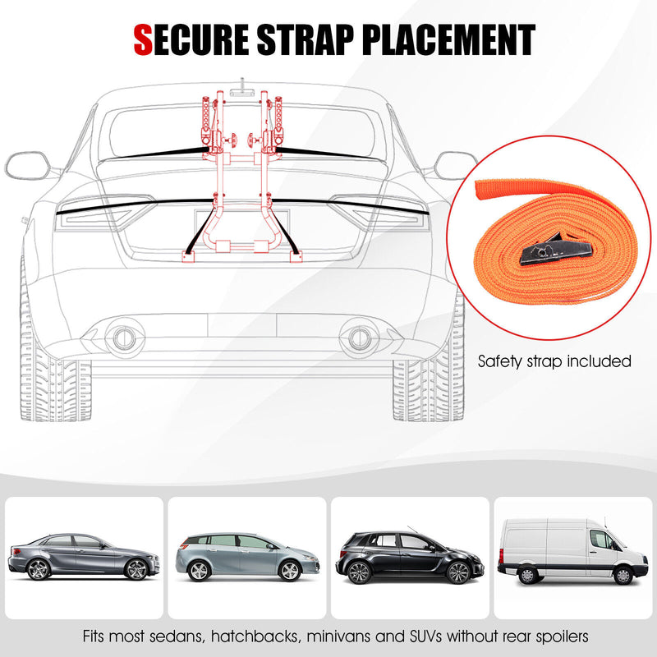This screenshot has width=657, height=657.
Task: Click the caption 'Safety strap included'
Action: [x=554, y=361]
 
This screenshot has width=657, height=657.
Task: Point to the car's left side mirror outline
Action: [x=30, y=165]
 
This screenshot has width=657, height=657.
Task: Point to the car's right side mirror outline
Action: [x=454, y=165]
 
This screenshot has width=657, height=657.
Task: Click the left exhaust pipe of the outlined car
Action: [x=125, y=336]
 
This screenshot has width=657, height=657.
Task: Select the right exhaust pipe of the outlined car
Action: [x=359, y=336]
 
